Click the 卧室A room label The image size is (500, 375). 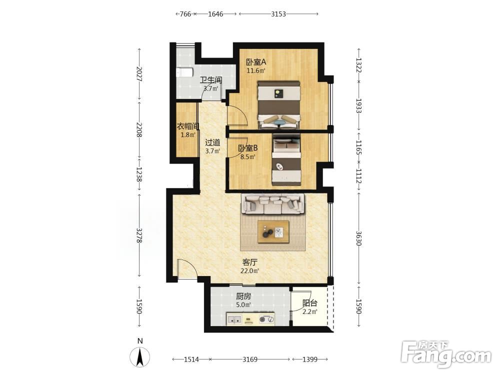pyautogui.click(x=256, y=61)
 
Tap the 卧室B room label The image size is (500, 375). pyautogui.click(x=248, y=148)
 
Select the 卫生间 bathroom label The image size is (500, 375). pyautogui.click(x=211, y=80)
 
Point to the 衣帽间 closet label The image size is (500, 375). pyautogui.click(x=188, y=126)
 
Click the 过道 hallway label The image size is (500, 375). pyautogui.click(x=212, y=142)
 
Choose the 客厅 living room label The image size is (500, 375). pyautogui.click(x=249, y=262)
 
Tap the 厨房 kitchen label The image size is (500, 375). pyautogui.click(x=243, y=296)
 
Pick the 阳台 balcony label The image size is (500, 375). pyautogui.click(x=309, y=303)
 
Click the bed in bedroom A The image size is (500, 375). pyautogui.click(x=279, y=105)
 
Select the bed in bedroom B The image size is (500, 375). pyautogui.click(x=286, y=160)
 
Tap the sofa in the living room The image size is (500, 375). pyautogui.click(x=272, y=204)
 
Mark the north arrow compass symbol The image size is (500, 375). pyautogui.click(x=139, y=356)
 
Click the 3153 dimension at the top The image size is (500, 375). pyautogui.click(x=278, y=13)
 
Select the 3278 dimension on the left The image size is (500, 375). pyautogui.click(x=139, y=235)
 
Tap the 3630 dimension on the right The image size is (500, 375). pyautogui.click(x=358, y=238)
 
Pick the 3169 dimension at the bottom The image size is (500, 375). pyautogui.click(x=249, y=359)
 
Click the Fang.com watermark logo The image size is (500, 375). pyautogui.click(x=446, y=354)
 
